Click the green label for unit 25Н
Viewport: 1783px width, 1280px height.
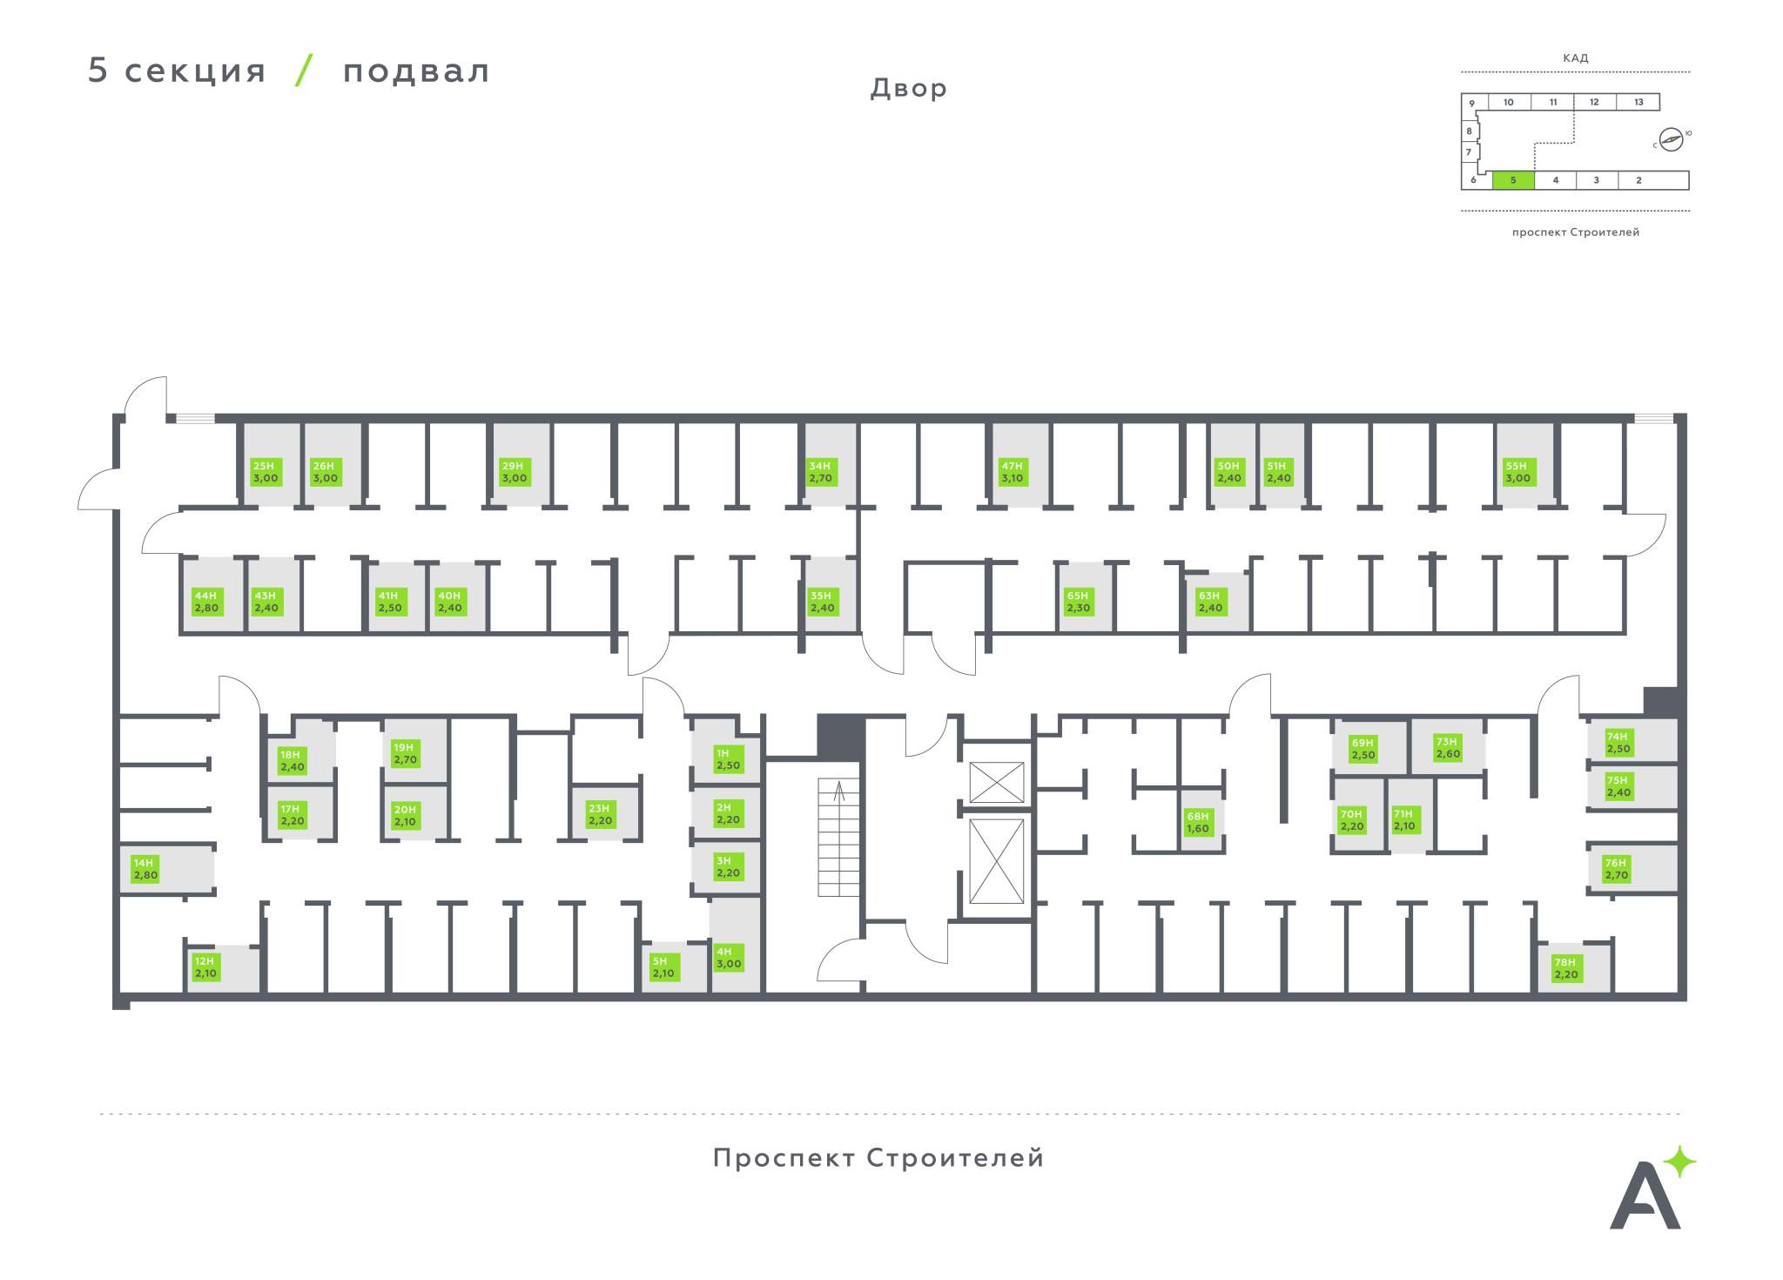[x=266, y=472]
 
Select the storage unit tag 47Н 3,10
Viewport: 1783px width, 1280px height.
[x=1013, y=472]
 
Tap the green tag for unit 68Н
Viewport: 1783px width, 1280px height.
[x=1199, y=822]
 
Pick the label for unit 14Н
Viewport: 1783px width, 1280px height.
[x=145, y=869]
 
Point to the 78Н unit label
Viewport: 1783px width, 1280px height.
[x=1566, y=968]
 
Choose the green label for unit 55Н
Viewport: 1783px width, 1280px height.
[x=1518, y=472]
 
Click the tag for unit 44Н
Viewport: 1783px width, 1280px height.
[x=207, y=602]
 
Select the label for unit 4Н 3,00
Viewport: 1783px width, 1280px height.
[x=729, y=958]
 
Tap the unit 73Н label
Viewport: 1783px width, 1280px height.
[x=1448, y=748]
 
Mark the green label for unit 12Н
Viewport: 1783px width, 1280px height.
[x=205, y=967]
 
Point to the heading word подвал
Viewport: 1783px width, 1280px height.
[x=416, y=71]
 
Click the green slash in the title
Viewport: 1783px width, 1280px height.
[x=304, y=70]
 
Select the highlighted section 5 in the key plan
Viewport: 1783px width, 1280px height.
[x=1513, y=180]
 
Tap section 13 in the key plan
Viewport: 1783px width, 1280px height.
[x=1638, y=102]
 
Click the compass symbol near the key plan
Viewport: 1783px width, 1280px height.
[x=1671, y=139]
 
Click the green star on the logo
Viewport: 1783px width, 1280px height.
[x=1679, y=1162]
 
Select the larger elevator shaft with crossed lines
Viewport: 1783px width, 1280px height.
[x=997, y=861]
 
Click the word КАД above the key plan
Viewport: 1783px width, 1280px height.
[x=1576, y=58]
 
